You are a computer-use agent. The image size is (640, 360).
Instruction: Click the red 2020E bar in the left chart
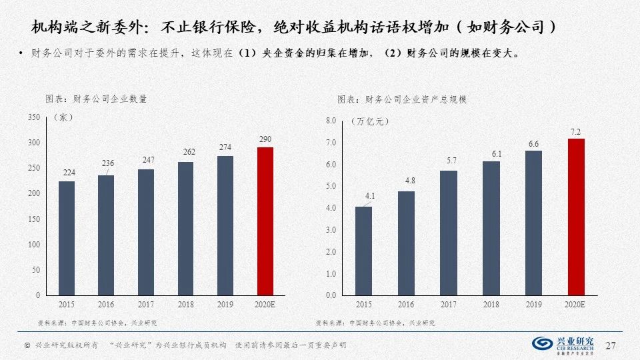coord(265,221)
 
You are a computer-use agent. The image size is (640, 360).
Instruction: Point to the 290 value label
coord(265,139)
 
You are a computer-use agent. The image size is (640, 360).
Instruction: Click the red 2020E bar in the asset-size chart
coord(575,217)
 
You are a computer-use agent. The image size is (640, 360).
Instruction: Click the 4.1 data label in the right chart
coord(363,197)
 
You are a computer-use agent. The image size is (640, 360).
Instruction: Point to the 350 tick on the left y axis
coord(34,117)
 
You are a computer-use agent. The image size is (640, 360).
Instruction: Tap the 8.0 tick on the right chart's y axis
coord(331,121)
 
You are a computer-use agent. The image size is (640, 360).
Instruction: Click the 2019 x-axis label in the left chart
coord(225,305)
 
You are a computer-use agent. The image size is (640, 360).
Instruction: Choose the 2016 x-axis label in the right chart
coord(406,305)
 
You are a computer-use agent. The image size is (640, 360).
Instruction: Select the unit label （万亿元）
coord(369,121)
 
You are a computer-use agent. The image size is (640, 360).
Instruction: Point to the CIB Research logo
coord(566,344)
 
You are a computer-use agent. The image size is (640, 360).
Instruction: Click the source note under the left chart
coord(97,323)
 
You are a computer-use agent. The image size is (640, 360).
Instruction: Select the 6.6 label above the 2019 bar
coord(533,143)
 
